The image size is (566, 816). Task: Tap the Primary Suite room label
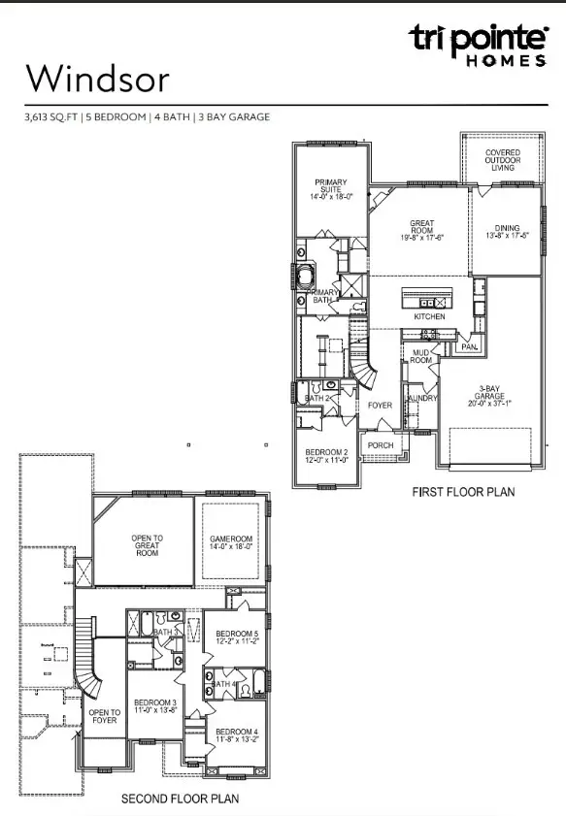330,188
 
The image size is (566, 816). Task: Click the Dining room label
505,229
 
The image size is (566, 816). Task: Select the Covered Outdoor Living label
503,161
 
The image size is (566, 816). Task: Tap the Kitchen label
429,317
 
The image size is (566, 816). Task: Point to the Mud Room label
420,357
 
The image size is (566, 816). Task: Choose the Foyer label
378,406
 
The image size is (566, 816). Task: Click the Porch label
380,445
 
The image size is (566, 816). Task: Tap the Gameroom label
231,542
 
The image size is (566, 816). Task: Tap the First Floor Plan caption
462,492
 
